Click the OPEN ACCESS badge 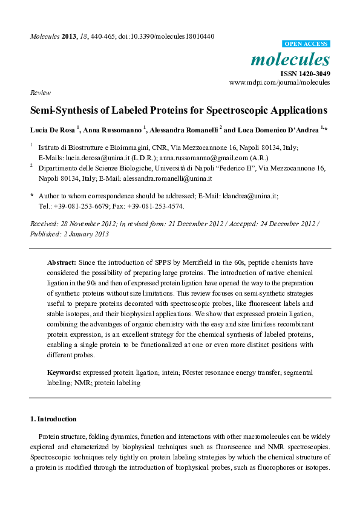[x=306, y=44]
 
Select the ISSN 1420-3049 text [x=304, y=74]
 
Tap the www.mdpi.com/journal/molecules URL [x=280, y=82]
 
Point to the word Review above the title [x=39, y=93]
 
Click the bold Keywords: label [x=64, y=373]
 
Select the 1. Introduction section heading [x=53, y=419]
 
